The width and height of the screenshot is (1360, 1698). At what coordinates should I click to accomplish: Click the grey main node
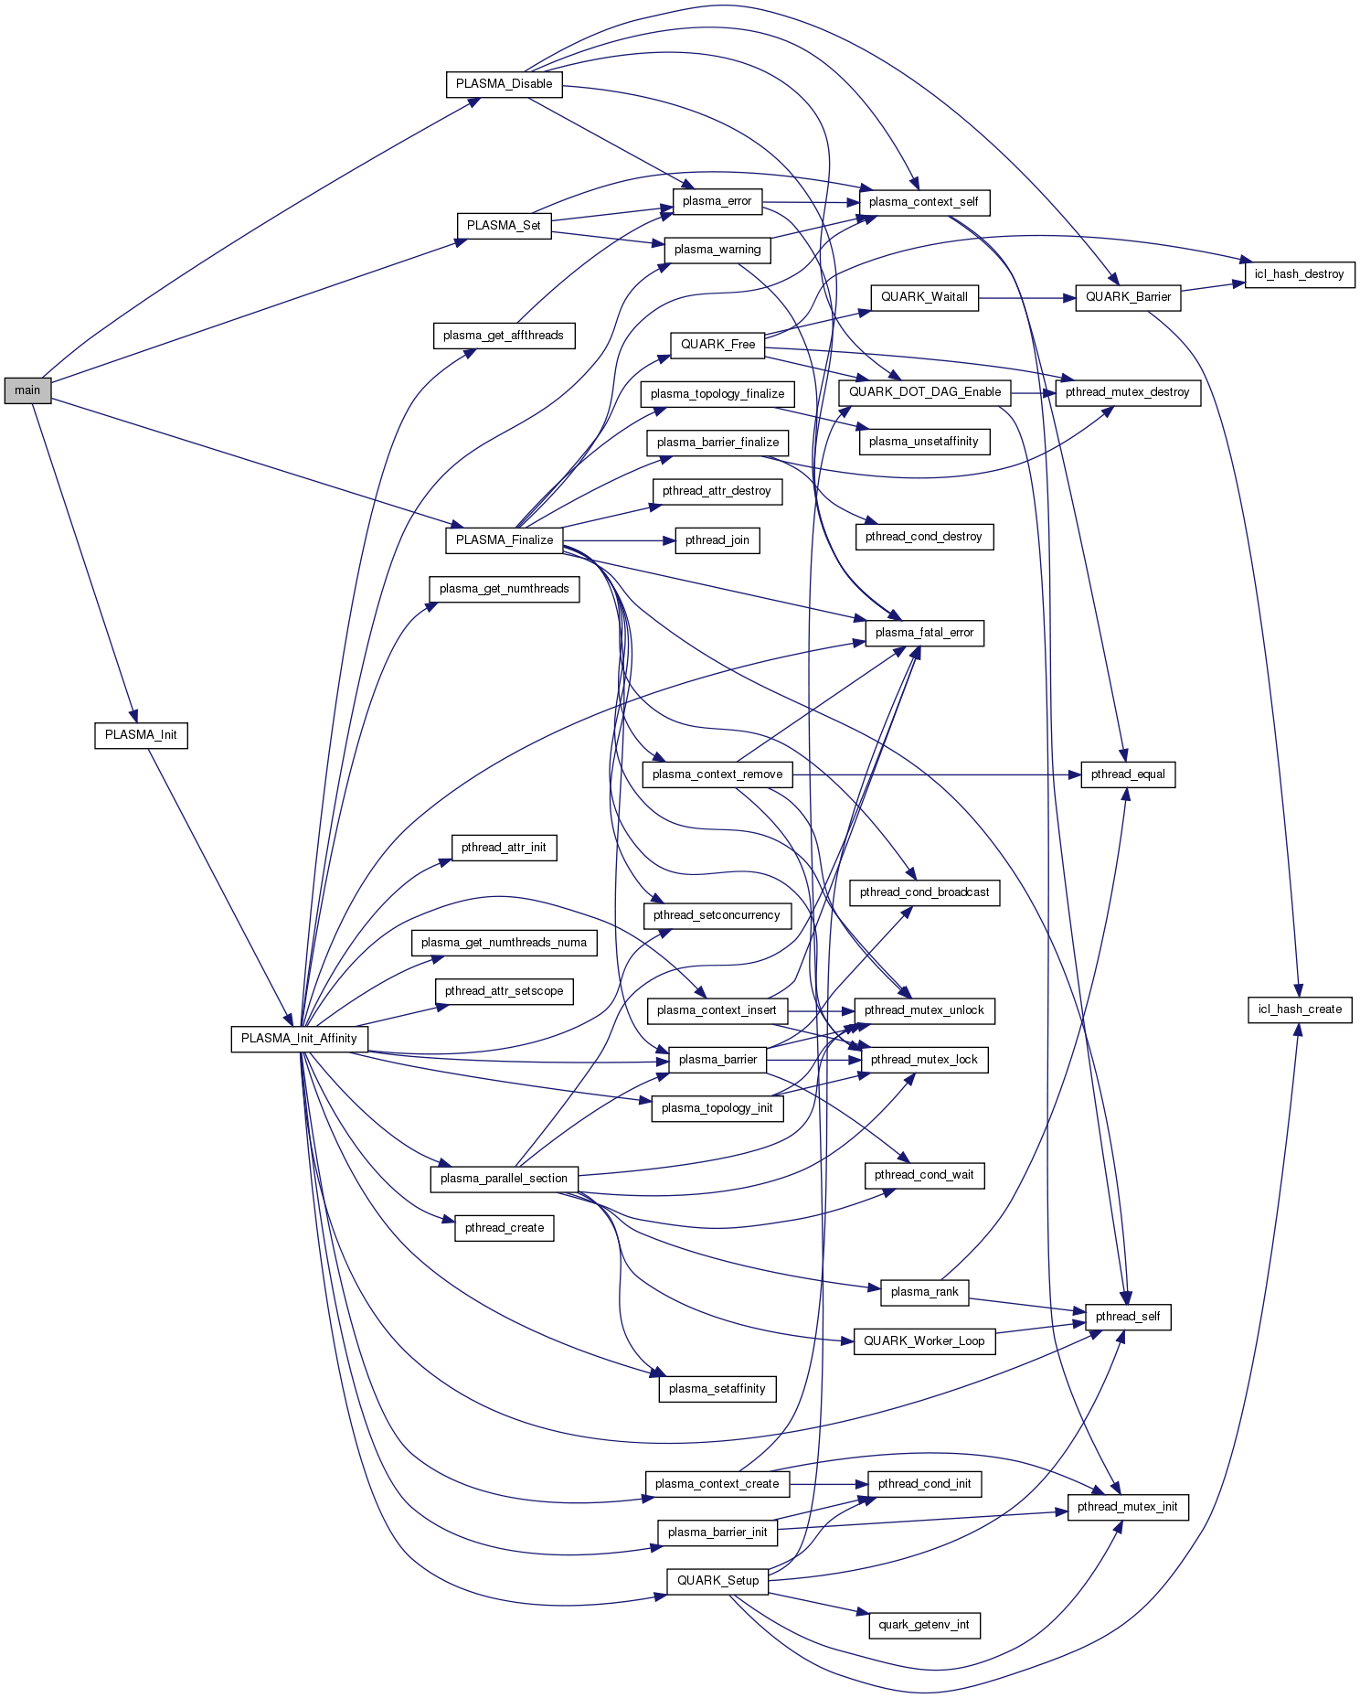(x=27, y=390)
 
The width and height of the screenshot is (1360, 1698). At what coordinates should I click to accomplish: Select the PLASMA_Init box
(x=141, y=735)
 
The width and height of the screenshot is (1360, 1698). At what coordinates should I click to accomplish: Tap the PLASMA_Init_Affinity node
(x=299, y=1039)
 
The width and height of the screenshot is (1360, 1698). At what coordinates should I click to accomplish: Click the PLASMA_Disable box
(x=504, y=84)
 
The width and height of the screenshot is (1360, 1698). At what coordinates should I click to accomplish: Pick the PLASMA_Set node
(x=504, y=226)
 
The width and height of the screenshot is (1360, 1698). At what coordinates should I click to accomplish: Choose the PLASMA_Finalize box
(x=504, y=540)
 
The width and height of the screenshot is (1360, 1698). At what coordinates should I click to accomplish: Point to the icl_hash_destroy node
(x=1299, y=274)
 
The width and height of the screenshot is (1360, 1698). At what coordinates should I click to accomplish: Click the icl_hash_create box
(x=1300, y=1009)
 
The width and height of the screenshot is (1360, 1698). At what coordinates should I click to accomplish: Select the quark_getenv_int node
(x=924, y=1625)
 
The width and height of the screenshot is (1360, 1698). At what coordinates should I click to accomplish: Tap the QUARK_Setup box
(x=717, y=1581)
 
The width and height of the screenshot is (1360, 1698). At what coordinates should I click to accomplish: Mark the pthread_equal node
(x=1128, y=774)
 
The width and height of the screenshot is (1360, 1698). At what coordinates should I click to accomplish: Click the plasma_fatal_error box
(x=924, y=633)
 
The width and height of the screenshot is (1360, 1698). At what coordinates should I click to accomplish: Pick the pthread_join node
(x=717, y=540)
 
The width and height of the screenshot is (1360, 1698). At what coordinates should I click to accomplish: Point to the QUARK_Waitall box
(x=924, y=297)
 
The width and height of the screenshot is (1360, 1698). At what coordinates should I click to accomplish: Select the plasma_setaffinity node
(x=717, y=1389)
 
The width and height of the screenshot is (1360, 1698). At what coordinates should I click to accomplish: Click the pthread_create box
(x=504, y=1228)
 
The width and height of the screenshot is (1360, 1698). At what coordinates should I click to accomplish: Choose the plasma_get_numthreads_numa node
(x=504, y=943)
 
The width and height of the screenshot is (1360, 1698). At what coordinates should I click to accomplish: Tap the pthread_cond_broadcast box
(x=924, y=892)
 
